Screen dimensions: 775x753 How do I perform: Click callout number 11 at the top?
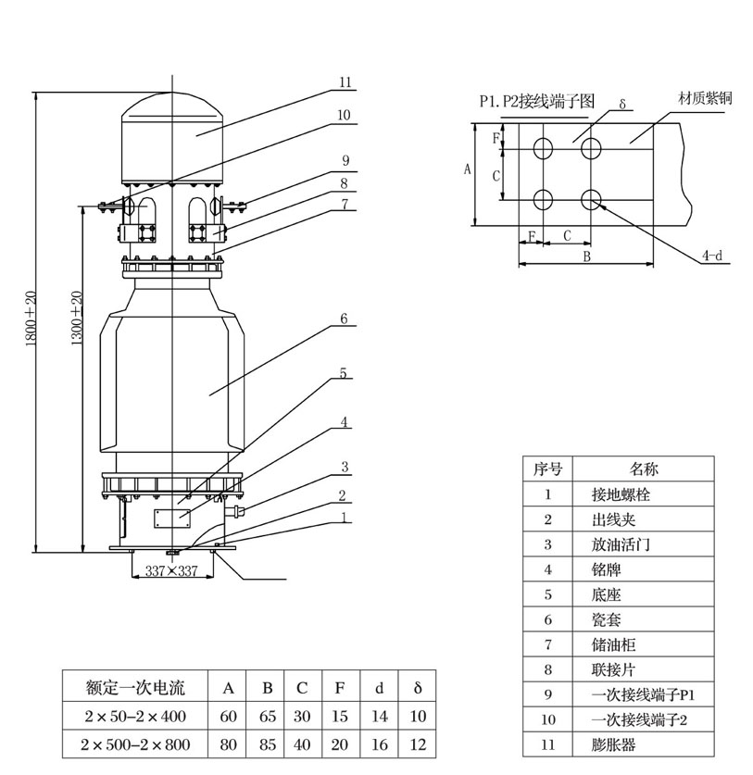pyautogui.click(x=345, y=82)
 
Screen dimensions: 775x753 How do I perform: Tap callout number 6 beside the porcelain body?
pyautogui.click(x=344, y=319)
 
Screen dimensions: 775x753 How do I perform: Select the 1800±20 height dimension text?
pyautogui.click(x=30, y=319)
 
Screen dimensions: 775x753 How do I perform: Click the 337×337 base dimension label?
pyautogui.click(x=172, y=571)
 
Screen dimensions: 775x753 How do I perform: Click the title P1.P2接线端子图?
pyautogui.click(x=535, y=101)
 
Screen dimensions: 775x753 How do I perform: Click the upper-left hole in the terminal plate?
pyautogui.click(x=544, y=147)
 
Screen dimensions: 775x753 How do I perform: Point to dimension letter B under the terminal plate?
pyautogui.click(x=586, y=257)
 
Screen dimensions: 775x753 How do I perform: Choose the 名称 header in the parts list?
pyautogui.click(x=644, y=469)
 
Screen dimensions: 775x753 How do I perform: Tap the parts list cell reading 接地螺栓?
pyautogui.click(x=626, y=494)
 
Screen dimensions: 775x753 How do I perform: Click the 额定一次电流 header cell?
pyautogui.click(x=135, y=688)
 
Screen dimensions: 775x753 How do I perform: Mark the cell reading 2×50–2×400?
pyautogui.click(x=135, y=716)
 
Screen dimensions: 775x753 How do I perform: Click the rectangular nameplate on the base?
pyautogui.click(x=172, y=515)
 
